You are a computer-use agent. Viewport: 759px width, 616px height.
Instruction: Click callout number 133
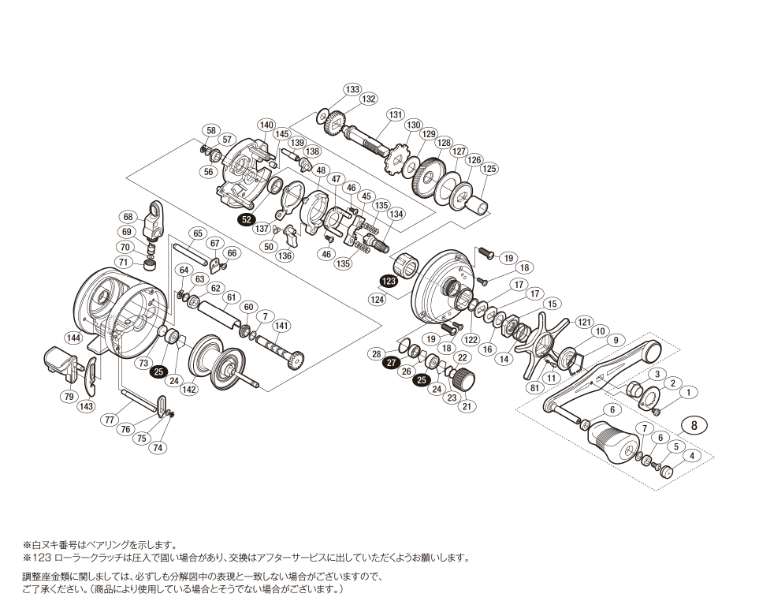click(x=352, y=89)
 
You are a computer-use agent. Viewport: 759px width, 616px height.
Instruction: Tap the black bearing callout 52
click(x=247, y=219)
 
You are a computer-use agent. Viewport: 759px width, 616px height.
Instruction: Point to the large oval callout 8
click(x=694, y=424)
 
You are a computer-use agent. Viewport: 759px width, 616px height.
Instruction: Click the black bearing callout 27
click(x=392, y=362)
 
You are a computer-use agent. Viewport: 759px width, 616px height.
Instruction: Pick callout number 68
click(x=128, y=217)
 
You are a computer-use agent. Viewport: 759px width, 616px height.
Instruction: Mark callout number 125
click(x=489, y=169)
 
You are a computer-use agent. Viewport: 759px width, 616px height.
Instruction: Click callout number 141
click(x=281, y=326)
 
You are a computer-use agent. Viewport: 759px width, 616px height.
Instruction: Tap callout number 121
click(x=583, y=322)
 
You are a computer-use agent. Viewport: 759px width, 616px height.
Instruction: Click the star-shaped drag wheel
click(x=541, y=343)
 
